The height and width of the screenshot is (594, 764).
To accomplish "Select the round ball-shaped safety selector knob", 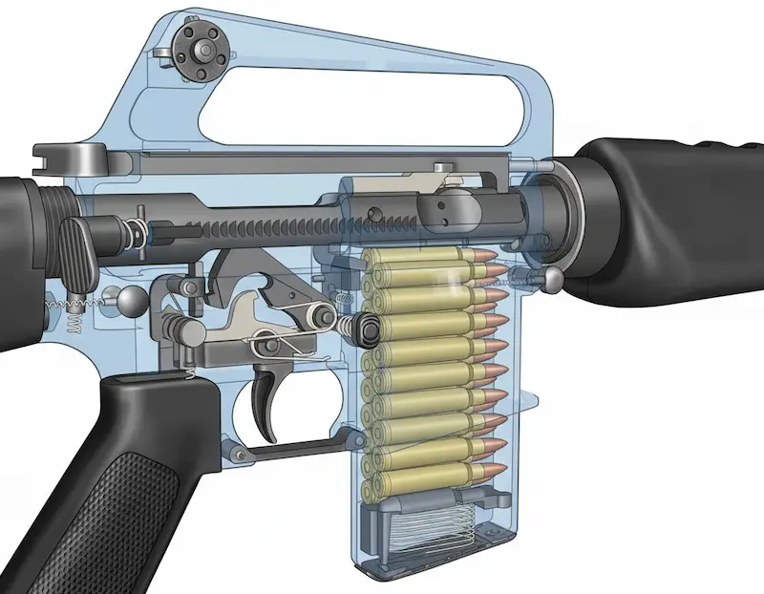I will click(129, 303).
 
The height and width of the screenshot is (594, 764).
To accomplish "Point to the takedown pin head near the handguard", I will click(551, 277).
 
